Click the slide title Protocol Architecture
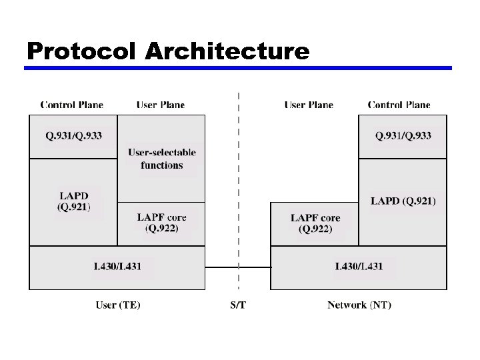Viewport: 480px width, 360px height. tap(168, 51)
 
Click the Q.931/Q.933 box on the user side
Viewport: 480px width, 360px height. tap(73, 136)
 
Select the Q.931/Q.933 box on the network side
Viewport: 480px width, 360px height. tap(403, 136)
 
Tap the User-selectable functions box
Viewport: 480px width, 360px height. tap(161, 159)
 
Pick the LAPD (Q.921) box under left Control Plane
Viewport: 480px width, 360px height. tap(73, 201)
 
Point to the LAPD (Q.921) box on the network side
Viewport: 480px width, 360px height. tap(403, 201)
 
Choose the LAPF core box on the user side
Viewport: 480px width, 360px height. tap(161, 223)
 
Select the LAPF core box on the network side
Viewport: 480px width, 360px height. tap(315, 223)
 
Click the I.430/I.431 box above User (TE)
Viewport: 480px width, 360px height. tap(117, 267)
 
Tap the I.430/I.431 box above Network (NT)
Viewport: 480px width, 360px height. tap(359, 267)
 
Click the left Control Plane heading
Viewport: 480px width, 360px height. tap(72, 105)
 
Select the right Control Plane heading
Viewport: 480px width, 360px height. tap(399, 105)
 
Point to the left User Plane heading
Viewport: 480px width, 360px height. tap(161, 105)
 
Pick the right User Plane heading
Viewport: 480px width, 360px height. tap(309, 105)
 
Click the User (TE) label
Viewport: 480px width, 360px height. tap(118, 305)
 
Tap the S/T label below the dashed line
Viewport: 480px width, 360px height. tap(238, 305)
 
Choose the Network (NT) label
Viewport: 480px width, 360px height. tap(359, 305)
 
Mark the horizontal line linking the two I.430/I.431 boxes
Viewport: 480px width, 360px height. tap(227, 267)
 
